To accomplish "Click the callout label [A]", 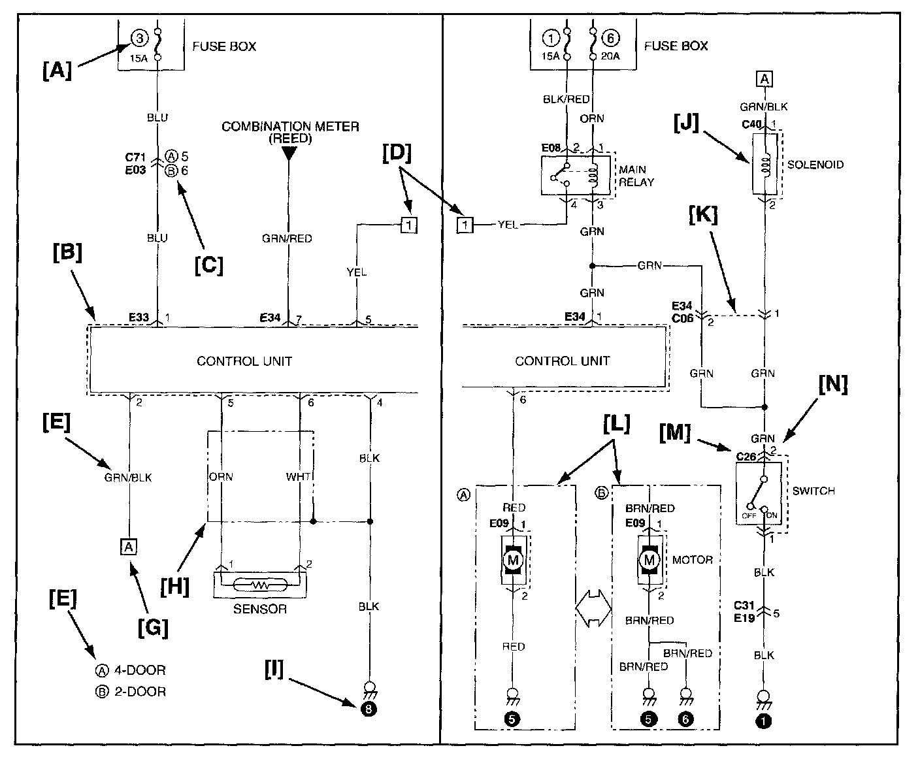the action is (x=57, y=70).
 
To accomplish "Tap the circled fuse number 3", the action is (x=139, y=39).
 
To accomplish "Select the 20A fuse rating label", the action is (x=610, y=56).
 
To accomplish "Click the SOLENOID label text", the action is (x=815, y=165).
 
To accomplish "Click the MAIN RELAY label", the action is (x=636, y=176).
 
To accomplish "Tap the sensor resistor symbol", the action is (x=260, y=585).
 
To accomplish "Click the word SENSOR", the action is (x=260, y=609).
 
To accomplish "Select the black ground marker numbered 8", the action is (x=369, y=709).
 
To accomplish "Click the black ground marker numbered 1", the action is (x=763, y=721).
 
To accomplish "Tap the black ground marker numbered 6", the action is (x=685, y=719).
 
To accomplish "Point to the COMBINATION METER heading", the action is (x=290, y=132).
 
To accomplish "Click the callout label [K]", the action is (x=703, y=215).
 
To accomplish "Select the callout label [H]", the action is (x=174, y=587).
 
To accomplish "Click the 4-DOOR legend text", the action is (x=140, y=670).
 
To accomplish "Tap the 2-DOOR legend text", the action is (x=140, y=692).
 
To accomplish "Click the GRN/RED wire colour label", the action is (x=287, y=238).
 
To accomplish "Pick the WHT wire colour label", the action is (x=299, y=477).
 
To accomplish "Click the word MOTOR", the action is (x=692, y=560).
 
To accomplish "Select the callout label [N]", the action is (x=832, y=384).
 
